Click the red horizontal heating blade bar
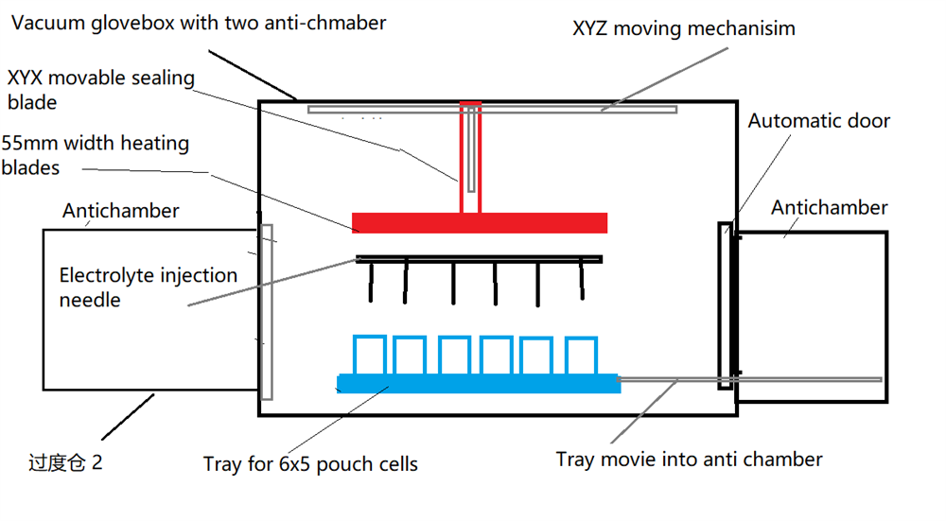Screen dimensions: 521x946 [x=479, y=223]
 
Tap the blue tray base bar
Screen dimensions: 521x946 [x=479, y=384]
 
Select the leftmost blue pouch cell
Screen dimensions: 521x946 [x=369, y=356]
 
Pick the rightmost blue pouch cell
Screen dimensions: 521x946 [x=581, y=356]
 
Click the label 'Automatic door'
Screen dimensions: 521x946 [x=818, y=121]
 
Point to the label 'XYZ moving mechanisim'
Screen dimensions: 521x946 [x=684, y=28]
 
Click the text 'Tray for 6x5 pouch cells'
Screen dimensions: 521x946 [x=310, y=464]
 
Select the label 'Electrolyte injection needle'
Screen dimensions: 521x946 [x=148, y=287]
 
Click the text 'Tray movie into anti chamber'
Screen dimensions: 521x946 [x=689, y=460]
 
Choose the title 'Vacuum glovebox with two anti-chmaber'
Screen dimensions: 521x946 [x=199, y=22]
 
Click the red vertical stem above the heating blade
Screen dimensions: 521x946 [x=471, y=157]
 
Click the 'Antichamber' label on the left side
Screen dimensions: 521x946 [x=120, y=210]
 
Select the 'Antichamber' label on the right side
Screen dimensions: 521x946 [x=830, y=207]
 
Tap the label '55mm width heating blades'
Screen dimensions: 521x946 [x=96, y=156]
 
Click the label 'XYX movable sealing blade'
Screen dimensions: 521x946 [x=100, y=89]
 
